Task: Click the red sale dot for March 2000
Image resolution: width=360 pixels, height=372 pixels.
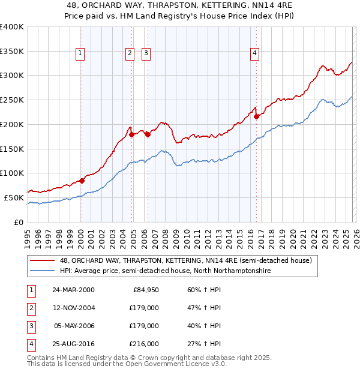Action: pyautogui.click(x=82, y=180)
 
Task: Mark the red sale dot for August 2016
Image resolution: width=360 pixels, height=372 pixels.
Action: pyautogui.click(x=256, y=116)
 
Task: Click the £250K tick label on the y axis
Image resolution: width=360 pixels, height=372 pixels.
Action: pyautogui.click(x=11, y=100)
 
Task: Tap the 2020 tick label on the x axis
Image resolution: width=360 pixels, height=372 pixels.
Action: pyautogui.click(x=293, y=234)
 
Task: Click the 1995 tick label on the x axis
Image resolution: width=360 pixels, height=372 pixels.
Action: pyautogui.click(x=28, y=234)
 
